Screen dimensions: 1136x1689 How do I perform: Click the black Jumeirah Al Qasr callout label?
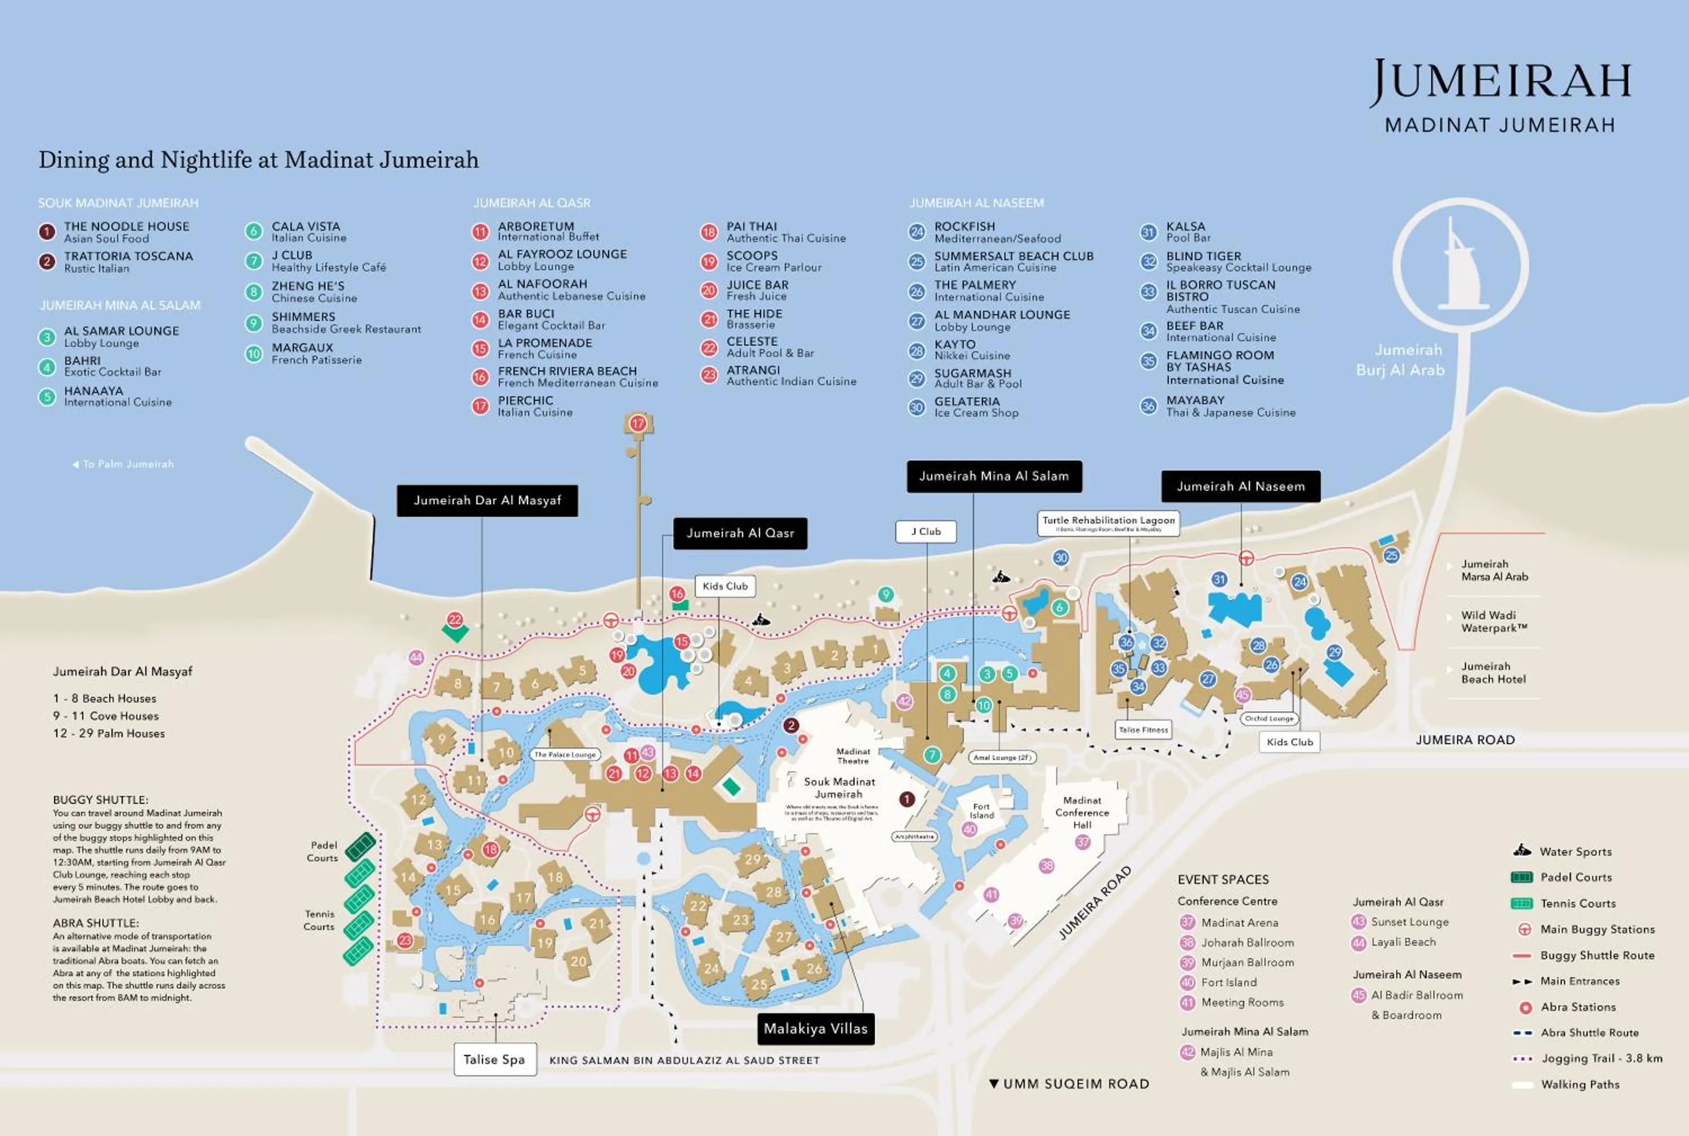point(740,533)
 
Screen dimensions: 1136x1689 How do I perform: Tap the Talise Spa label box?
point(495,1059)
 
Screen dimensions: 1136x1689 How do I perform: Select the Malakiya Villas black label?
point(815,1029)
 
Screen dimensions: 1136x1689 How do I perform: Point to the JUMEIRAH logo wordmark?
point(1500,81)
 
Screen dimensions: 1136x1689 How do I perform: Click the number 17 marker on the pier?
point(638,424)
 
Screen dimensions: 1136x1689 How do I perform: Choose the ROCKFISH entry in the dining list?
point(964,227)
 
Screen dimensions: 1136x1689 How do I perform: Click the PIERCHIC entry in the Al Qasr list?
point(525,401)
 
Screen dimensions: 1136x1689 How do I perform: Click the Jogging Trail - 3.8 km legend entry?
point(1601,1058)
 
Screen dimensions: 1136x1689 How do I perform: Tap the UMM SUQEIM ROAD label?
point(1075,1084)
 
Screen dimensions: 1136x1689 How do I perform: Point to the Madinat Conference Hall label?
point(1082,812)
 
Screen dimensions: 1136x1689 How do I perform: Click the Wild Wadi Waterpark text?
point(1494,621)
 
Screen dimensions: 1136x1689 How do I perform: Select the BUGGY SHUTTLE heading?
point(100,800)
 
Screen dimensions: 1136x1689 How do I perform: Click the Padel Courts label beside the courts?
point(323,851)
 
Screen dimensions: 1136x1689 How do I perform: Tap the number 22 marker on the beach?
point(455,619)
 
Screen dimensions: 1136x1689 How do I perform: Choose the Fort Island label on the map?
point(981,811)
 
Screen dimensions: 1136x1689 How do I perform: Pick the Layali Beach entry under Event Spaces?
point(1403,942)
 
